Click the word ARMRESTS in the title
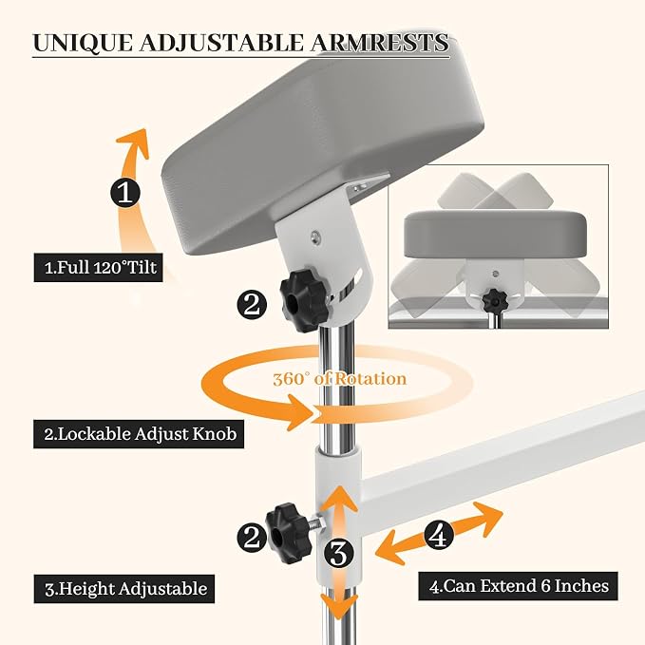[x=379, y=43]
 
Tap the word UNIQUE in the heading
[x=83, y=43]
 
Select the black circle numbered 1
[x=125, y=192]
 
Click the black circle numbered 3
[x=338, y=553]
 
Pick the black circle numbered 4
[x=439, y=535]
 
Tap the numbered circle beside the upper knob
[x=252, y=305]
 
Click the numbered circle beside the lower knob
[x=252, y=538]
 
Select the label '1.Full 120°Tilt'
[x=98, y=267]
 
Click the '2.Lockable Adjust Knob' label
[x=139, y=434]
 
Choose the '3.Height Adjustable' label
[x=124, y=589]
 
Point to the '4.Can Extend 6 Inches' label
[x=518, y=586]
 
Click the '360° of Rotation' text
[x=340, y=378]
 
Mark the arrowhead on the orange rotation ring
[x=304, y=412]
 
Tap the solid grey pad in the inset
[x=495, y=235]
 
